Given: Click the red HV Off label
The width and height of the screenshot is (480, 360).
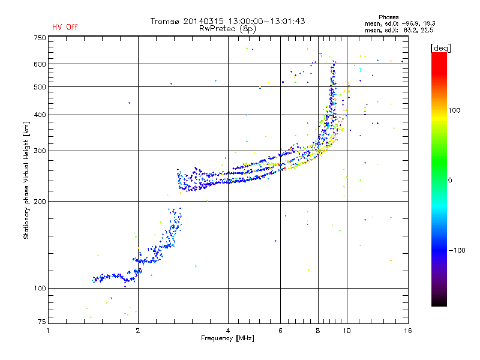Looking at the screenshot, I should pyautogui.click(x=65, y=27).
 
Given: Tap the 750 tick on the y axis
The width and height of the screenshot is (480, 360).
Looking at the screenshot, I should pyautogui.click(x=40, y=38).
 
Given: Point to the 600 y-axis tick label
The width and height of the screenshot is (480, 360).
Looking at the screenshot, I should pyautogui.click(x=40, y=64).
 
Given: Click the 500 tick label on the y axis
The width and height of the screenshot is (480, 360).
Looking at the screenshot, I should pyautogui.click(x=40, y=87).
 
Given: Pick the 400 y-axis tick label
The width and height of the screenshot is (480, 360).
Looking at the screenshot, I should pyautogui.click(x=40, y=115).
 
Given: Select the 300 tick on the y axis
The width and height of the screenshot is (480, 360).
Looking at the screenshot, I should pyautogui.click(x=40, y=151).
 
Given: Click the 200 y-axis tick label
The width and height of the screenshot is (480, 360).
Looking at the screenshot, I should pyautogui.click(x=40, y=202).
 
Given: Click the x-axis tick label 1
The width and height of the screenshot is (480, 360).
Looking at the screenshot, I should pyautogui.click(x=49, y=331).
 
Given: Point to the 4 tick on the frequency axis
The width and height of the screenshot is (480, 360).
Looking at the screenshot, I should pyautogui.click(x=228, y=331).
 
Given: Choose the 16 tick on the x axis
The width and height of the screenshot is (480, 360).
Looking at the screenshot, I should pyautogui.click(x=407, y=331).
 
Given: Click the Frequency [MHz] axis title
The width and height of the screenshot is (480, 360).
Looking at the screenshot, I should pyautogui.click(x=227, y=339).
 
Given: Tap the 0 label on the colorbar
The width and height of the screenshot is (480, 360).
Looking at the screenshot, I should pyautogui.click(x=449, y=180).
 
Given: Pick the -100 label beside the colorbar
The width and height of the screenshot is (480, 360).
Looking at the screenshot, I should pyautogui.click(x=455, y=250).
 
